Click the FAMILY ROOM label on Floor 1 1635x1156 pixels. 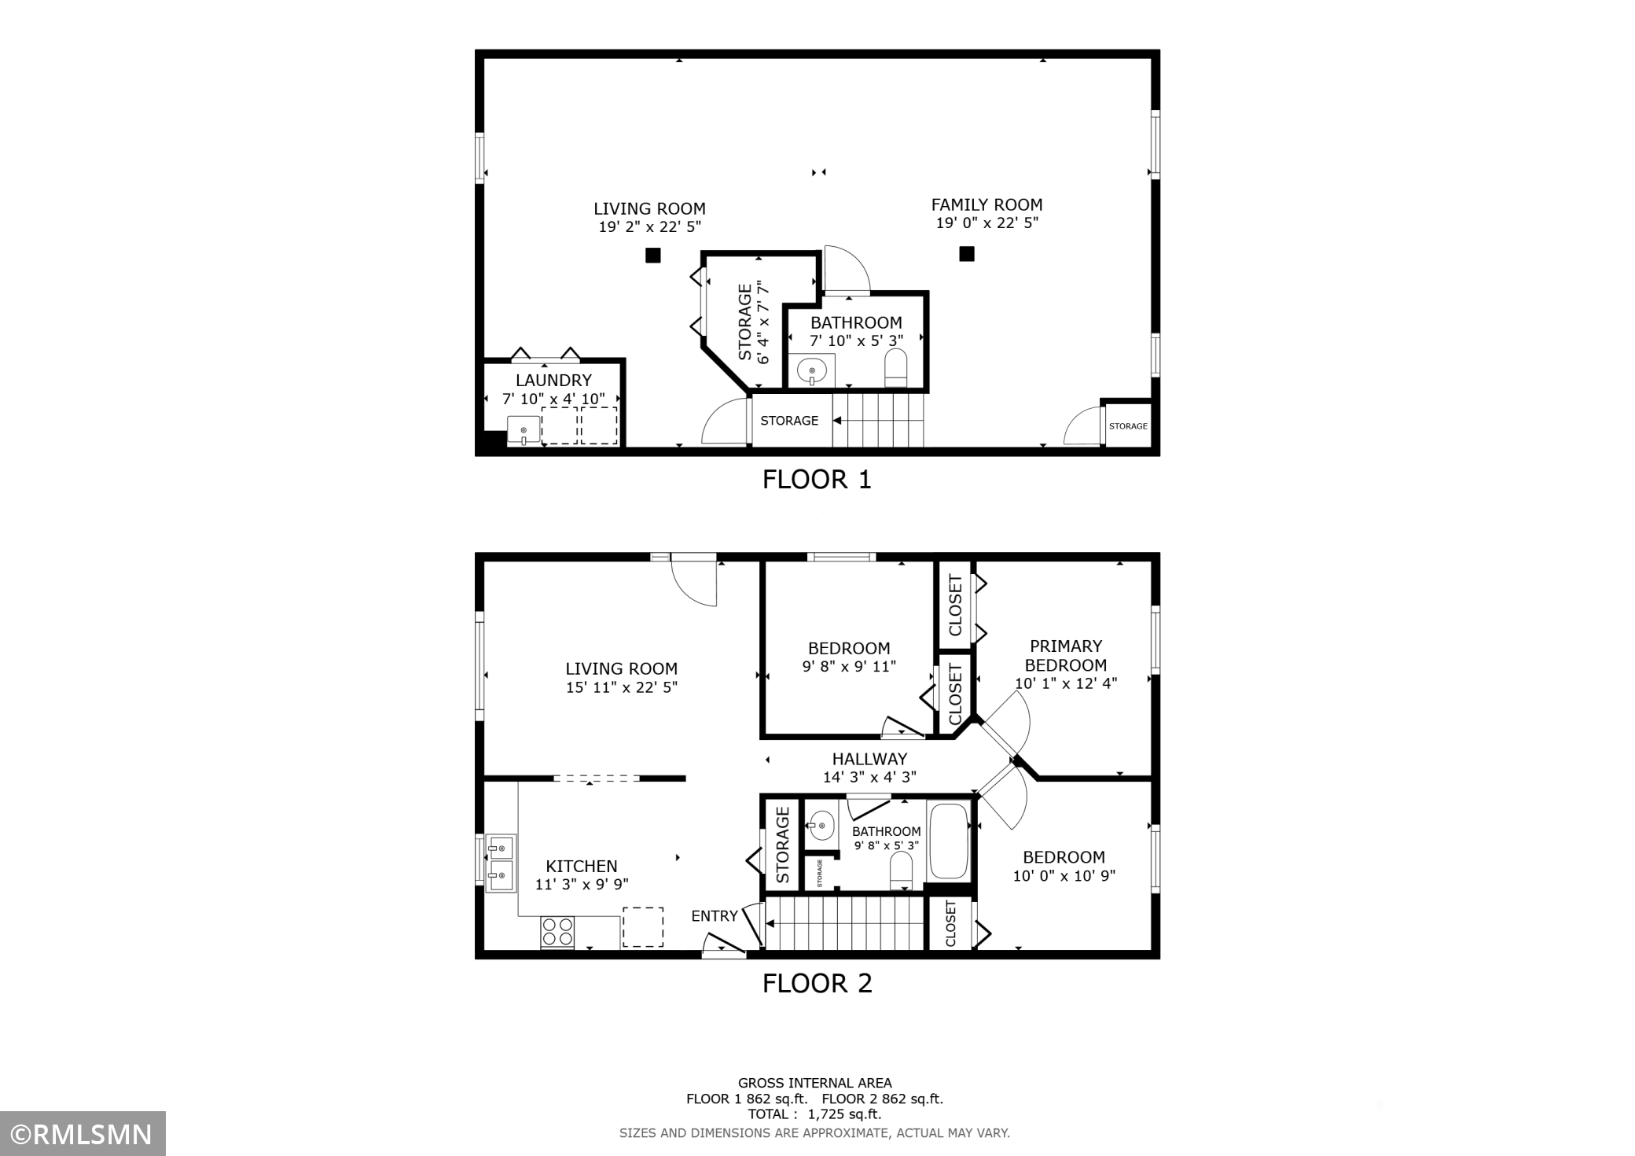(987, 205)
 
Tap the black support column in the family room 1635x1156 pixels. (967, 254)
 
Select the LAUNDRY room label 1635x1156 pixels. (553, 381)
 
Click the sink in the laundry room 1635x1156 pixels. (524, 431)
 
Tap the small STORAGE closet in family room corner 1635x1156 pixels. (1128, 426)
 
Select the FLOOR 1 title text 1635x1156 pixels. (817, 480)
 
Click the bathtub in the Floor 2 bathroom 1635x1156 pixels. (950, 841)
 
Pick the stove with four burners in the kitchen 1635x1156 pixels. (557, 932)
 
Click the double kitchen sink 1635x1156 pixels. (501, 863)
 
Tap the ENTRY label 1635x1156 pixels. (715, 916)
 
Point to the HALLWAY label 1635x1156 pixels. (869, 759)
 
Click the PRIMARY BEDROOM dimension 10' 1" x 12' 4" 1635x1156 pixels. (1066, 683)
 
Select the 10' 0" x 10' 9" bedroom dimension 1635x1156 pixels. (1064, 876)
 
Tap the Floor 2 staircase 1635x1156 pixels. (844, 924)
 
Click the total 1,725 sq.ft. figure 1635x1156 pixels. (845, 1114)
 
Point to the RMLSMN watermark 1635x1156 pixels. (83, 1134)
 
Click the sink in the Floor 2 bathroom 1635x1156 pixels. (821, 826)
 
